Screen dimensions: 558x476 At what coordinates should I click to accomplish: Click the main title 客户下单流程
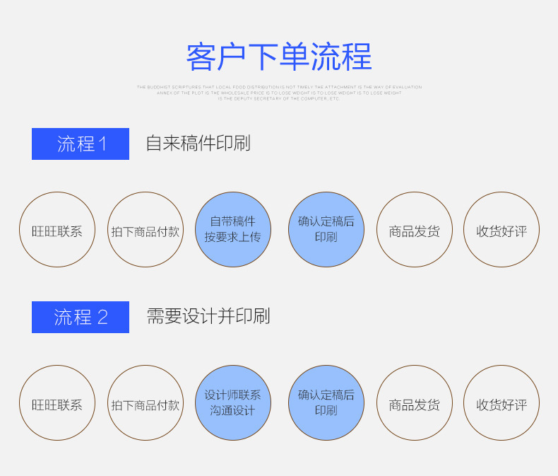pyautogui.click(x=279, y=57)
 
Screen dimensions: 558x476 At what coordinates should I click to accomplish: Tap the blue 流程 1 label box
pyautogui.click(x=81, y=144)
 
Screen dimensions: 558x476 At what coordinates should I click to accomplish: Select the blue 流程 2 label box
pyautogui.click(x=81, y=317)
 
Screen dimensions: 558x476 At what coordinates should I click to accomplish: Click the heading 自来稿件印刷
pyautogui.click(x=198, y=144)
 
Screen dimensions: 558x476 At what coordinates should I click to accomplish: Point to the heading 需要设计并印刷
pyautogui.click(x=208, y=316)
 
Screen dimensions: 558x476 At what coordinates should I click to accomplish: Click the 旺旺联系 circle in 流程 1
pyautogui.click(x=57, y=230)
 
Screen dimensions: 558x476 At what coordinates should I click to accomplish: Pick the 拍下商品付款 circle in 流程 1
pyautogui.click(x=146, y=230)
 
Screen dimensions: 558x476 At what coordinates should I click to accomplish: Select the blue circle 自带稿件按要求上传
pyautogui.click(x=233, y=230)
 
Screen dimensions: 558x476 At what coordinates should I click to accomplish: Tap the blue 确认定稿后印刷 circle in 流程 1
pyautogui.click(x=326, y=230)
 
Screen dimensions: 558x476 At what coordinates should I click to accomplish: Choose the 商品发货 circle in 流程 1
pyautogui.click(x=414, y=230)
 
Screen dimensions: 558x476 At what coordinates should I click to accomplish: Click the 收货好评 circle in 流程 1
pyautogui.click(x=501, y=230)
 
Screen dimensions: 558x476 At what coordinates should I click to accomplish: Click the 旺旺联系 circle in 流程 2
pyautogui.click(x=57, y=403)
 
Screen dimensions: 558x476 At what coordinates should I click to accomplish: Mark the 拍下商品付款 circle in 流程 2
pyautogui.click(x=146, y=403)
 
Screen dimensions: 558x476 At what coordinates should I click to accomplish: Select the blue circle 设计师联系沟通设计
pyautogui.click(x=233, y=403)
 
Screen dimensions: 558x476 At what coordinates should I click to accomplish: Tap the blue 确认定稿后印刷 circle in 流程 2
pyautogui.click(x=326, y=403)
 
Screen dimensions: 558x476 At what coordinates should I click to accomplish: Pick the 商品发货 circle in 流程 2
pyautogui.click(x=414, y=403)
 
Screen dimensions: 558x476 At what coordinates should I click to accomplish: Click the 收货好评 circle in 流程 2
pyautogui.click(x=501, y=403)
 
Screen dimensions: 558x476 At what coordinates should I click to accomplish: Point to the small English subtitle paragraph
pyautogui.click(x=279, y=93)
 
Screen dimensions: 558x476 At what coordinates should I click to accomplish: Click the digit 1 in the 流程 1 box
pyautogui.click(x=103, y=144)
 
